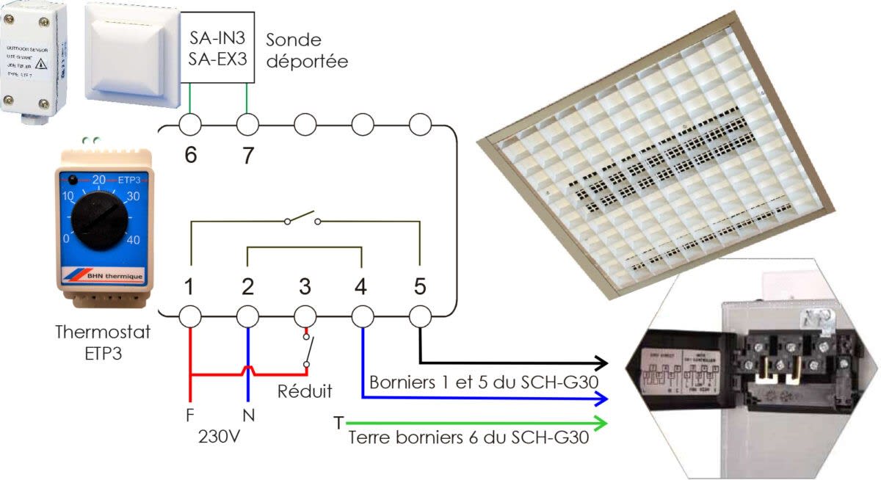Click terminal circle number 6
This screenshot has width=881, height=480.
pyautogui.click(x=191, y=126)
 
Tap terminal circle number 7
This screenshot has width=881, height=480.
pyautogui.click(x=247, y=126)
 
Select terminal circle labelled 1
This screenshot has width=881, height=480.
pyautogui.click(x=191, y=317)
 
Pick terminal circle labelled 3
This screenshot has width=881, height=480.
pyautogui.click(x=305, y=317)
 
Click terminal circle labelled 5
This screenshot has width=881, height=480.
pyautogui.click(x=419, y=317)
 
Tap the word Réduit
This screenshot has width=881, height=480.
pyautogui.click(x=305, y=390)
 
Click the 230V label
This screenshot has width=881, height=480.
pyautogui.click(x=219, y=436)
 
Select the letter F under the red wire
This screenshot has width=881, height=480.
pyautogui.click(x=190, y=415)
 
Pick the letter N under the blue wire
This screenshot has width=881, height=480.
pyautogui.click(x=249, y=415)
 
